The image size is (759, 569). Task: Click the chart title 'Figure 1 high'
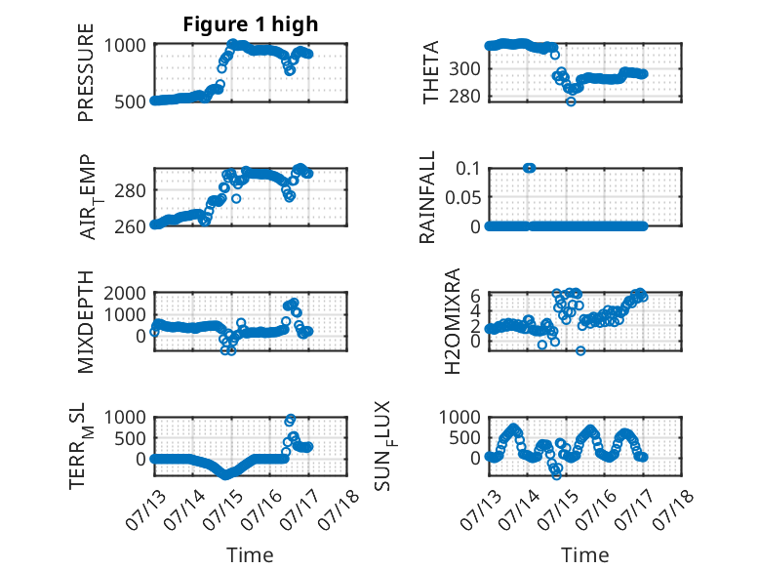pyautogui.click(x=251, y=24)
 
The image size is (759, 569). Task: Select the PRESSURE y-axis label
pyautogui.click(x=86, y=72)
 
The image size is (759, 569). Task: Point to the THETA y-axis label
pyautogui.click(x=430, y=72)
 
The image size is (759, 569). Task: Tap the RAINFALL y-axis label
pyautogui.click(x=427, y=197)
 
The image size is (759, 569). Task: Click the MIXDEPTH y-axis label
pyautogui.click(x=86, y=322)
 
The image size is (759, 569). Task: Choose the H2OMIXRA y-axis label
pyautogui.click(x=452, y=321)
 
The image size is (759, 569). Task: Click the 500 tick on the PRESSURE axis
pyautogui.click(x=130, y=102)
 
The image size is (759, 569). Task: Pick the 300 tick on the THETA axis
pyautogui.click(x=464, y=69)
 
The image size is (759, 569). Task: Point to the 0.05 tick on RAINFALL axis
pyautogui.click(x=462, y=197)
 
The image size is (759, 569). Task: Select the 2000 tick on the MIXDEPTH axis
pyautogui.click(x=125, y=293)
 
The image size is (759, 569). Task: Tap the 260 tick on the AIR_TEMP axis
pyautogui.click(x=130, y=226)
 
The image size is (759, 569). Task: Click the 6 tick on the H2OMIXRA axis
pyautogui.click(x=475, y=295)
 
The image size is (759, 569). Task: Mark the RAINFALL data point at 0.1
pyautogui.click(x=530, y=168)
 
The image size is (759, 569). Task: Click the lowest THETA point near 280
pyautogui.click(x=571, y=102)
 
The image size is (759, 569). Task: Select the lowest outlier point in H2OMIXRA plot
pyautogui.click(x=580, y=350)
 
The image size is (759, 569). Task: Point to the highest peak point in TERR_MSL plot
pyautogui.click(x=291, y=419)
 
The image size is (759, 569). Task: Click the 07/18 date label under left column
pyautogui.click(x=339, y=508)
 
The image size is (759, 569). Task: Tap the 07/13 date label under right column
pyautogui.click(x=481, y=508)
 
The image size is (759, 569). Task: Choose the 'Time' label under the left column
pyautogui.click(x=251, y=555)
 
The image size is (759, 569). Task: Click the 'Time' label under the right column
pyautogui.click(x=585, y=555)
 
